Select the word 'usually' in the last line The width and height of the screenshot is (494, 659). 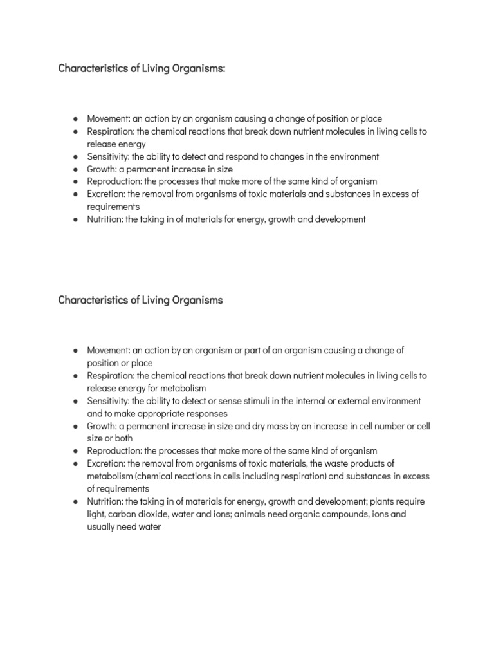(102, 527)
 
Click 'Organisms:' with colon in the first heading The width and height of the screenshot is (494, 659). (200, 68)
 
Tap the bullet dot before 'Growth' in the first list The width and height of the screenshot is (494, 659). (76, 169)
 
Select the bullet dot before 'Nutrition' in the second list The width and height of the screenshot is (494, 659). (76, 502)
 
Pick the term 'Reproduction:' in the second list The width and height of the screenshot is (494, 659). (114, 451)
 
